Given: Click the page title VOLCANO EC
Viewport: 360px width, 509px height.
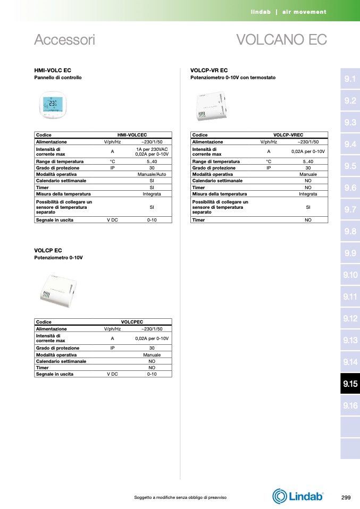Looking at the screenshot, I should pyautogui.click(x=281, y=40).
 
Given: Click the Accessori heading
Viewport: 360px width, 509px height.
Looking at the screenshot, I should pyautogui.click(x=64, y=40).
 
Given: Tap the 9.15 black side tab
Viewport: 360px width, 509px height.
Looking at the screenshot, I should pyautogui.click(x=350, y=384).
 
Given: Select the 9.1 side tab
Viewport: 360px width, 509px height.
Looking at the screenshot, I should pyautogui.click(x=350, y=79).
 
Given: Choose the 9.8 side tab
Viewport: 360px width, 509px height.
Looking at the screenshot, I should pyautogui.click(x=350, y=231).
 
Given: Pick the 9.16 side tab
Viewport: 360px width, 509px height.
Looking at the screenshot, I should pyautogui.click(x=350, y=406).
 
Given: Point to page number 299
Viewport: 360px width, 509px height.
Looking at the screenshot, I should pyautogui.click(x=346, y=497).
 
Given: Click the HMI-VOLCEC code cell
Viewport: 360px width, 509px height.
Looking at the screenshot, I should pyautogui.click(x=132, y=135).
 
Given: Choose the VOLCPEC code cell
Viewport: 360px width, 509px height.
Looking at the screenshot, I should pyautogui.click(x=132, y=322).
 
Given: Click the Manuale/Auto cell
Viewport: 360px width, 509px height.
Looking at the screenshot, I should pyautogui.click(x=152, y=174).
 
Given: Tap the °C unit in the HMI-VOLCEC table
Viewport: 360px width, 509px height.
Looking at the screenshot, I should pyautogui.click(x=112, y=162).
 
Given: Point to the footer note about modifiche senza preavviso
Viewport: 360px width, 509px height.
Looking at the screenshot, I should pyautogui.click(x=180, y=497).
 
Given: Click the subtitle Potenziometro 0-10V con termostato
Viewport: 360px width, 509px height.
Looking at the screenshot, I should pyautogui.click(x=233, y=78).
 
